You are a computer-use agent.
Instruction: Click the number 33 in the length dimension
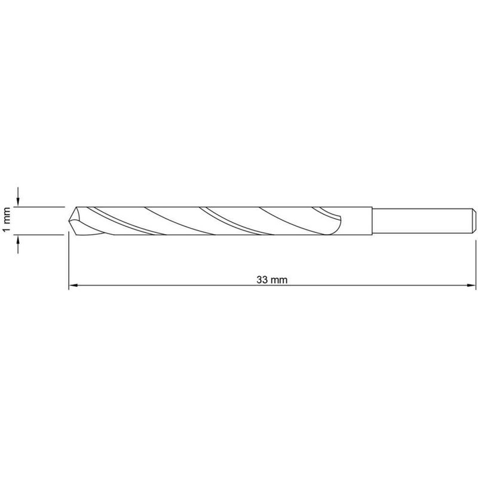tap(262, 280)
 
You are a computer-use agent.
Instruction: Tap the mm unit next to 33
tap(279, 280)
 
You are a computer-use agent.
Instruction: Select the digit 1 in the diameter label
tap(7, 228)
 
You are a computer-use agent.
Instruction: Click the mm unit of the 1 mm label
tap(7, 215)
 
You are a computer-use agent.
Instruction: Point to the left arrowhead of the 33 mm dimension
tap(73, 286)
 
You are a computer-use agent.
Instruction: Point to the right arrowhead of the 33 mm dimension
tap(471, 286)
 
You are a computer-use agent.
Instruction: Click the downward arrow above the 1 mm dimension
tap(18, 197)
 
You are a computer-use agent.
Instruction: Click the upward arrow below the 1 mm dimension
tap(18, 244)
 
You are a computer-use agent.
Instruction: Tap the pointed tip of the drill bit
tap(69, 220)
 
